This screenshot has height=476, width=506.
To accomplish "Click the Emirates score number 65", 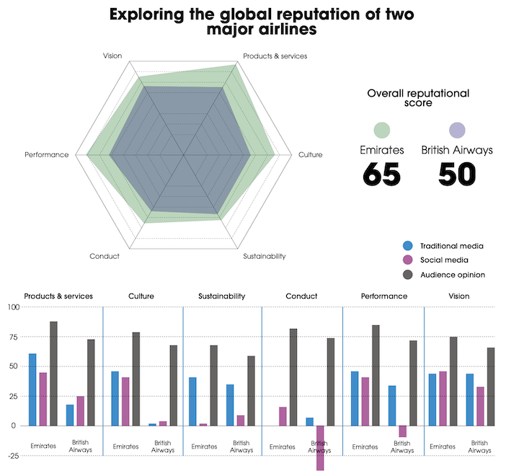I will pos(381,174).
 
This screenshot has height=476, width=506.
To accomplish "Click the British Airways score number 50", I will pos(457,174).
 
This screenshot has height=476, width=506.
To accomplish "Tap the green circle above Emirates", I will pos(382,130).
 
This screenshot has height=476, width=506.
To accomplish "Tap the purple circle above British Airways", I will pos(457,130).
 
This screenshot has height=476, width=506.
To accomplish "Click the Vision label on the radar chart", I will pos(112,56).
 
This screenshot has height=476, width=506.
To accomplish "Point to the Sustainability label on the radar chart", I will pos(265,256).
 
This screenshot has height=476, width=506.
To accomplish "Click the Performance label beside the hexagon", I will pos(46,154).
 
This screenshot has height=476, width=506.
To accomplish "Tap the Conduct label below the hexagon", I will pos(105,256).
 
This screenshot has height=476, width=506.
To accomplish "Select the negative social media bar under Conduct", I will pos(320,448).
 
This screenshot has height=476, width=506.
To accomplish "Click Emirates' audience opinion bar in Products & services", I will pos(53,374).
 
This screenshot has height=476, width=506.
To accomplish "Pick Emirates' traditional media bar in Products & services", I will pos(32,389).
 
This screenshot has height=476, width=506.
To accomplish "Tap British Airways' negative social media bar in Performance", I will pos(403,431).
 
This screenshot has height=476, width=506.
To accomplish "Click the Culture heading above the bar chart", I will pos(141,296).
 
